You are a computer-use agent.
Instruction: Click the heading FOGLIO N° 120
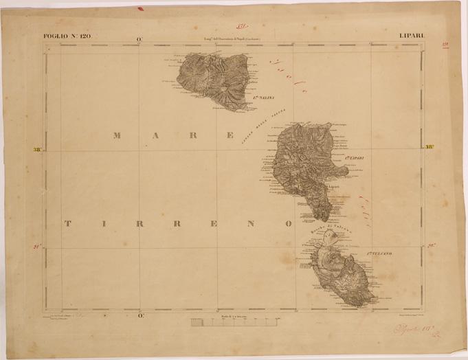[x=66, y=36]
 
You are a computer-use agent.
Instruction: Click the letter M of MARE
[x=118, y=135]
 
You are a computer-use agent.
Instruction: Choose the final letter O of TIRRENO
[x=289, y=223]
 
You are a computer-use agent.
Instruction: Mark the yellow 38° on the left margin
[x=36, y=149]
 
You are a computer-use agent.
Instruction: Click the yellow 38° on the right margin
[x=429, y=146]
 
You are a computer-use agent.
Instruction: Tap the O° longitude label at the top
[x=140, y=39]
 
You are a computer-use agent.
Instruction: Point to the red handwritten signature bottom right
[x=412, y=330]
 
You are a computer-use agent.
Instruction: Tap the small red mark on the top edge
[x=140, y=9]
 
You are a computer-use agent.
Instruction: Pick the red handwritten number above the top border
[x=241, y=25]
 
